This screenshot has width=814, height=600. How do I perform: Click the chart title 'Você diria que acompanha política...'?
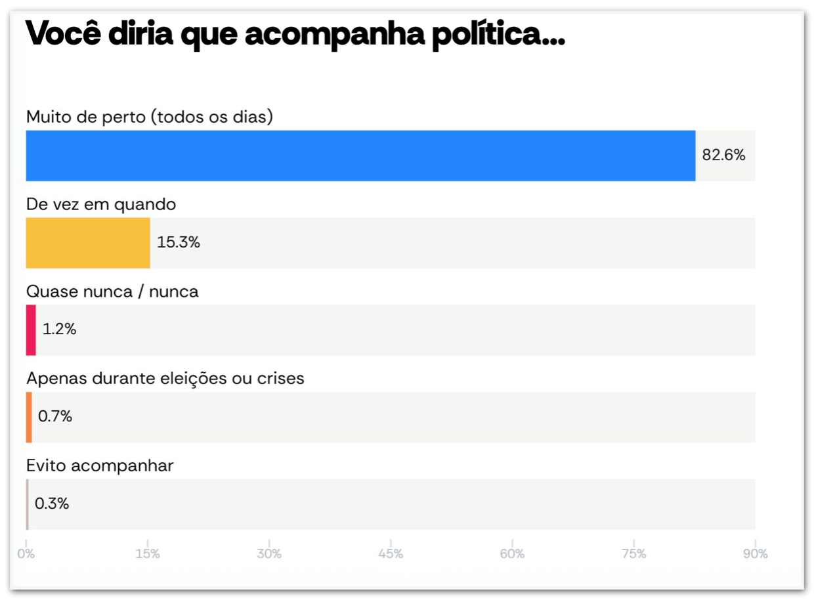point(295,34)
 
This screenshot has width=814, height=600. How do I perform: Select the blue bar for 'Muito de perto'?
point(360,156)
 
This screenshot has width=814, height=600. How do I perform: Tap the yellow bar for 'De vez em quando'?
point(88,243)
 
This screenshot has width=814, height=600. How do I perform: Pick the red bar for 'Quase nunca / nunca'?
point(31,330)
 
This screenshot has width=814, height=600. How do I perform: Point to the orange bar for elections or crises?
point(29,418)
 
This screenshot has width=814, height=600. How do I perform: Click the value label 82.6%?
point(723,156)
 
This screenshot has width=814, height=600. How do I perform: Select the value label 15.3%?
point(179,243)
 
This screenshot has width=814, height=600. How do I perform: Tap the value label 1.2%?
point(60,330)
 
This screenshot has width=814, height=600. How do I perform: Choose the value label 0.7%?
point(55,417)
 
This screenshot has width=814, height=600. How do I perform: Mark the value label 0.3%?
point(52,504)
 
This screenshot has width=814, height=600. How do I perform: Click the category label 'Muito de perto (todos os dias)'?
point(150,117)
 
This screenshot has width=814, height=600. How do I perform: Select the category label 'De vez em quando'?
point(101,204)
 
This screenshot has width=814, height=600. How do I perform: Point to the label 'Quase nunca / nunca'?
point(112,291)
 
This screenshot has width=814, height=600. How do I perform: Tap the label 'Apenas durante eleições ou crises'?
point(165,378)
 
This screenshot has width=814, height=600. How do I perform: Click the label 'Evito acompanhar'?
point(100,465)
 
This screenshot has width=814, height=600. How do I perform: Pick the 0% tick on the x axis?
point(26,554)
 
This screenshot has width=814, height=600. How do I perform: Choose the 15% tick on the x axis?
point(148,554)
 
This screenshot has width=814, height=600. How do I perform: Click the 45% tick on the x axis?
point(391,554)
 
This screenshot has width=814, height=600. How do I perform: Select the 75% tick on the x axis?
point(633,554)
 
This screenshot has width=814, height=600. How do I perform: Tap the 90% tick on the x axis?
point(755,554)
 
